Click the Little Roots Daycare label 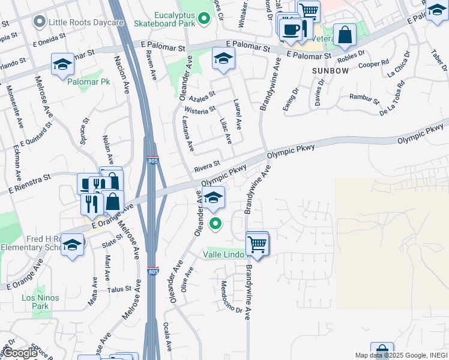[79, 22]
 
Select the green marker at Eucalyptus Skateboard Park [204, 19]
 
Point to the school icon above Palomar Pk [63, 65]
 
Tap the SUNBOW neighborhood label [330, 71]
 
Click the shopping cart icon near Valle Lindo [257, 244]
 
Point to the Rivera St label [208, 164]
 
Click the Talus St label [119, 289]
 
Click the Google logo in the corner [20, 353]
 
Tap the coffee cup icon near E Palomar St [292, 29]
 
